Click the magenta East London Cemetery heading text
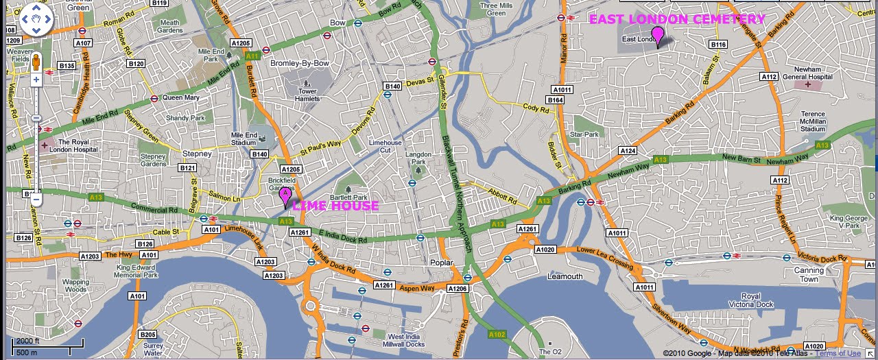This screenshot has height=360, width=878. coord(677,19)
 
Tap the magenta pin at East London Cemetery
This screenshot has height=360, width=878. coord(658,35)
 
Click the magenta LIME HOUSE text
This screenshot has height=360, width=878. coord(335,206)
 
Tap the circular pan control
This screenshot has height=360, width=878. coord(36,20)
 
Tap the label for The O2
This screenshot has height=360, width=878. coord(550,351)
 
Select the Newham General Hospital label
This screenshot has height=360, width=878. coord(812,73)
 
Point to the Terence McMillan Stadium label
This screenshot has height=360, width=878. coord(813,121)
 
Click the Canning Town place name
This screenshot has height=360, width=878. coord(809,274)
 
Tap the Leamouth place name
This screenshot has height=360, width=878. coord(565,276)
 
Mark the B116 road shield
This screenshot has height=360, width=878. coord(717,45)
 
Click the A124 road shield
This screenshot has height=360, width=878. coord(628,150)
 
